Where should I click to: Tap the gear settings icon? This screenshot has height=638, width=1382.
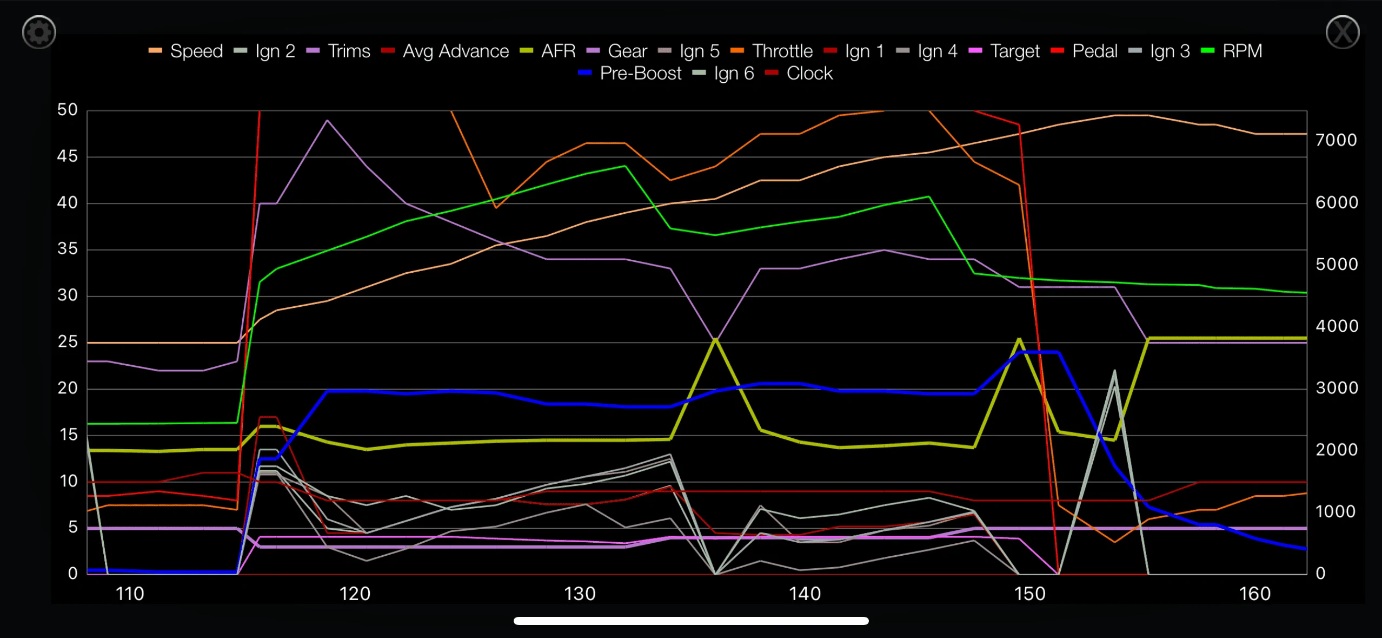[x=39, y=32]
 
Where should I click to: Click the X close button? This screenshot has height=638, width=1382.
[x=1343, y=32]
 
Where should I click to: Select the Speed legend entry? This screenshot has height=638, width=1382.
[x=185, y=51]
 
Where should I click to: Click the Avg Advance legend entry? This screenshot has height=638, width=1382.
[x=445, y=51]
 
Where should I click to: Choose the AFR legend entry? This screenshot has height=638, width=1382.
[x=548, y=51]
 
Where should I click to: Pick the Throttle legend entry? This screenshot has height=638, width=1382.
[x=772, y=51]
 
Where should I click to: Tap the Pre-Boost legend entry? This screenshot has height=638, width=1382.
[x=630, y=73]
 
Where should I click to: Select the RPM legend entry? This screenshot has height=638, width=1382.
[x=1232, y=51]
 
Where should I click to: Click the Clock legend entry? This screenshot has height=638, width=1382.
[x=799, y=73]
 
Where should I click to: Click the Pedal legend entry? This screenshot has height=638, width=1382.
[x=1084, y=51]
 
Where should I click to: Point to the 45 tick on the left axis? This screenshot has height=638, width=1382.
[x=68, y=156]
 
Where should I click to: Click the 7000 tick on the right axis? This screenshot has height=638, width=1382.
[x=1337, y=140]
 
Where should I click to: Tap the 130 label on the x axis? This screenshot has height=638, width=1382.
[x=580, y=594]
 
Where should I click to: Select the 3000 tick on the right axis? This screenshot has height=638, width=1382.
[x=1337, y=388]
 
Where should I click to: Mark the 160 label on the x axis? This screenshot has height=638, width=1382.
[x=1255, y=594]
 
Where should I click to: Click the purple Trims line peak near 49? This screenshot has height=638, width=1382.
[x=327, y=120]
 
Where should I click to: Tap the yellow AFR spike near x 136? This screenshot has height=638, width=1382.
[x=715, y=339]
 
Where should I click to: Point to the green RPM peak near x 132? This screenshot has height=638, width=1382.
[x=625, y=166]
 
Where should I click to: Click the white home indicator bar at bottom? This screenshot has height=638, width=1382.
[x=691, y=621]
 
